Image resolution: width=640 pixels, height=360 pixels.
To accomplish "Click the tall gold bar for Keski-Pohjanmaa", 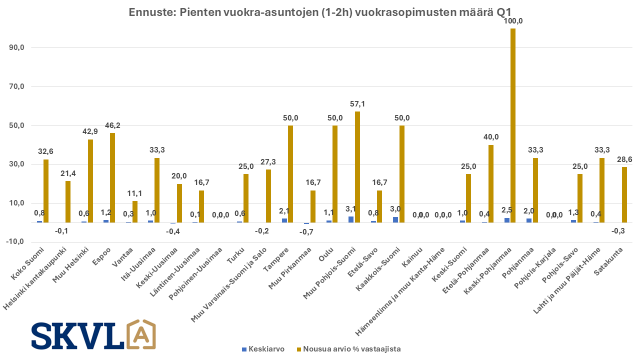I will (513, 125).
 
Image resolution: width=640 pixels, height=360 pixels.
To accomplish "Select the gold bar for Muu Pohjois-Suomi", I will (357, 167).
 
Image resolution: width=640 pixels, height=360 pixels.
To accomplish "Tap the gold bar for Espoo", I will (112, 177).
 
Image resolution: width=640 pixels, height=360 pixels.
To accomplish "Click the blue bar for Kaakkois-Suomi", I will (395, 219).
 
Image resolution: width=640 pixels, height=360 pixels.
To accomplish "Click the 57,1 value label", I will (357, 104).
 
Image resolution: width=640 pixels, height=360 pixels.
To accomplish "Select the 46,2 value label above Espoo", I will (112, 125).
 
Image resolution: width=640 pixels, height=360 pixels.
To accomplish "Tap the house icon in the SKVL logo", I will (141, 334).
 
